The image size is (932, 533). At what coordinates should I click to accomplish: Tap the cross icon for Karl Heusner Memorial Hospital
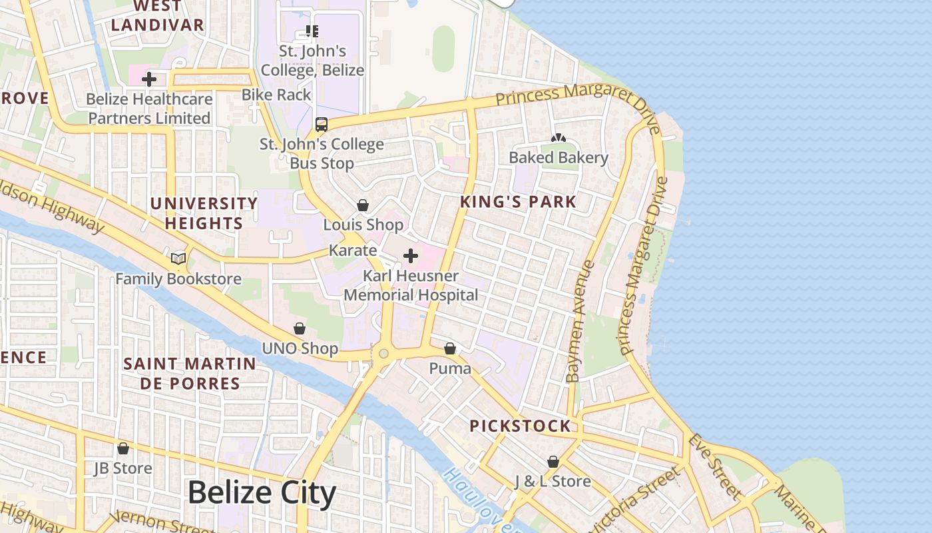click(x=411, y=256)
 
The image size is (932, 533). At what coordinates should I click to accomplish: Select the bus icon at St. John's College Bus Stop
click(x=322, y=124)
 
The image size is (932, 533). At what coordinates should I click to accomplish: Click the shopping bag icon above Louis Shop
click(x=363, y=205)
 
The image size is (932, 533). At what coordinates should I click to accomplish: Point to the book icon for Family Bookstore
click(x=178, y=259)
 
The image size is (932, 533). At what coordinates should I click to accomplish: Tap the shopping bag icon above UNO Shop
click(x=300, y=328)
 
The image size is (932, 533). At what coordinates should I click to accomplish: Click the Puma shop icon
click(x=450, y=348)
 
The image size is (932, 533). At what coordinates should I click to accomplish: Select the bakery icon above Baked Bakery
click(x=558, y=138)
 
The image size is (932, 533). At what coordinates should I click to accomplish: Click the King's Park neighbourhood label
click(x=518, y=202)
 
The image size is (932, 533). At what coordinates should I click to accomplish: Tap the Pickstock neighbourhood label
click(x=520, y=426)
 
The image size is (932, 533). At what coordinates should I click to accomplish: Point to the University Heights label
click(x=204, y=213)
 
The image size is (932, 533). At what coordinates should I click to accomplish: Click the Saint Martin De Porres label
click(x=190, y=373)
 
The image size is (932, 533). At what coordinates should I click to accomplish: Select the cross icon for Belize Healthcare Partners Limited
click(x=149, y=79)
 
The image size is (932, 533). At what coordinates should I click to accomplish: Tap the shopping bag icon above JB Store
click(x=123, y=448)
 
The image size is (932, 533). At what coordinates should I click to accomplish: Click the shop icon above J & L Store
click(x=553, y=461)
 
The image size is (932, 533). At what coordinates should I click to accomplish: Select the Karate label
click(x=353, y=251)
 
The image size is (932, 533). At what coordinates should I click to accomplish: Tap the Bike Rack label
click(x=276, y=95)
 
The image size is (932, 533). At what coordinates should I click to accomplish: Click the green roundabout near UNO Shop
click(x=383, y=354)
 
